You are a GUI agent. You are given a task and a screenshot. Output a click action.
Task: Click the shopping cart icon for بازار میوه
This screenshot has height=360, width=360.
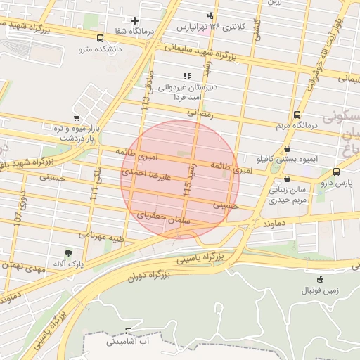tap(76, 118)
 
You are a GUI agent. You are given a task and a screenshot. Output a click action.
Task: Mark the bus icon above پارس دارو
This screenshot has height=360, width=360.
tap(336, 171)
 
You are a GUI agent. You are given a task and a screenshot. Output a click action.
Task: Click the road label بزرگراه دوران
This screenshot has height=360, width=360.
tap(149, 276)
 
